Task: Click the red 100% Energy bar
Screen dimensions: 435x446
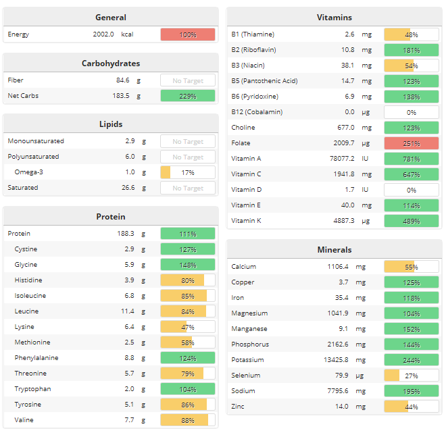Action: pos(187,34)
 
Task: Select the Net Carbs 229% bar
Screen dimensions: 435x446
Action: pos(187,96)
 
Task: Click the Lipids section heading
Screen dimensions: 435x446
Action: pos(111,124)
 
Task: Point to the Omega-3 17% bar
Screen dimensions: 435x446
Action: pos(187,172)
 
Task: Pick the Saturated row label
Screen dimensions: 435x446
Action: pos(23,188)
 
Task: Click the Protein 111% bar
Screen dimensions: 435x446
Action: pos(187,234)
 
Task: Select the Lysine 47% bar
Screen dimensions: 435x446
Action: pos(187,327)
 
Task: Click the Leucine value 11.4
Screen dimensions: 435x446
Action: pos(126,311)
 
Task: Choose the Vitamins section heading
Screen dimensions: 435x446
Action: pos(334,18)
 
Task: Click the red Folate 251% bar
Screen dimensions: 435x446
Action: pos(411,143)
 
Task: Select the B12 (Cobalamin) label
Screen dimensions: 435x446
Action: pos(257,112)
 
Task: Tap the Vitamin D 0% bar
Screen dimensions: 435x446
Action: pos(411,190)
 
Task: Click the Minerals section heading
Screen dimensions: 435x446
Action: pos(334,250)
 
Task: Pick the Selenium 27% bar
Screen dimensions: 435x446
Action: pos(411,376)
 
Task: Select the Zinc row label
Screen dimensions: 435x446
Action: pos(239,407)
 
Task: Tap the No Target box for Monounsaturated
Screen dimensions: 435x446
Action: pos(187,142)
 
